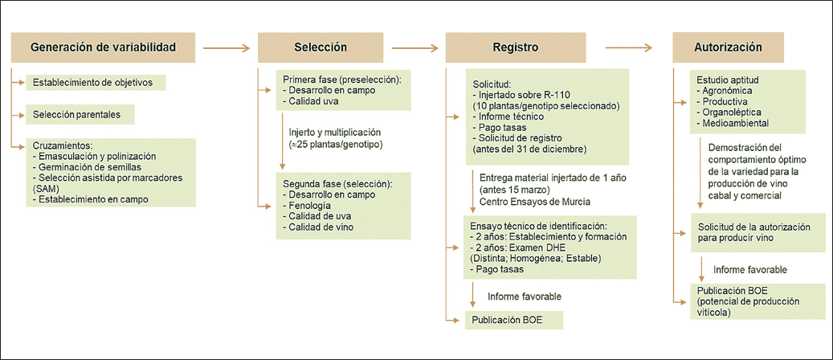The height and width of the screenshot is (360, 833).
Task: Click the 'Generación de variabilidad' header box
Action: (x=102, y=47)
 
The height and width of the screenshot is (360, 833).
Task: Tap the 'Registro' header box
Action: (x=515, y=47)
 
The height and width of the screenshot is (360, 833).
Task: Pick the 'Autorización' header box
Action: (x=727, y=47)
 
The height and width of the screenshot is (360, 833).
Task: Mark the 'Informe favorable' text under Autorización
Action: (x=749, y=269)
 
